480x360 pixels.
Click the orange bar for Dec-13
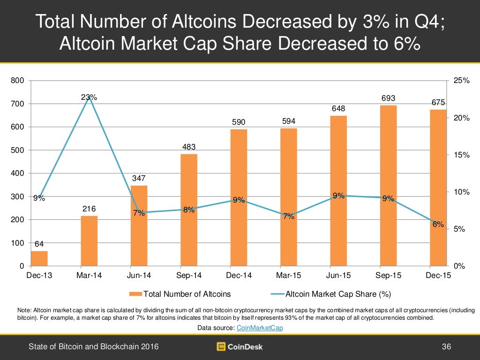(39, 258)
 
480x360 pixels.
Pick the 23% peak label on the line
(89, 97)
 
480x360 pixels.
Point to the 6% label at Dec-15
(438, 225)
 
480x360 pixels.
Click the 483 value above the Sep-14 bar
(189, 147)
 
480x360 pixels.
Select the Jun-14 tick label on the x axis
(139, 276)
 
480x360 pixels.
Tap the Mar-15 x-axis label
(288, 276)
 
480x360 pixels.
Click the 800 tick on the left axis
(17, 81)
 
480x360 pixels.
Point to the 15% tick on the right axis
(462, 155)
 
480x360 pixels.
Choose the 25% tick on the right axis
(462, 81)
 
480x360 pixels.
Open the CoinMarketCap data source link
(260, 328)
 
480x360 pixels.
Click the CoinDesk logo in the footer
(240, 347)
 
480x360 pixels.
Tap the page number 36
(446, 347)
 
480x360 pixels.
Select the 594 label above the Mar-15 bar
(289, 121)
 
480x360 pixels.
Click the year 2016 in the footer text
(150, 347)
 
